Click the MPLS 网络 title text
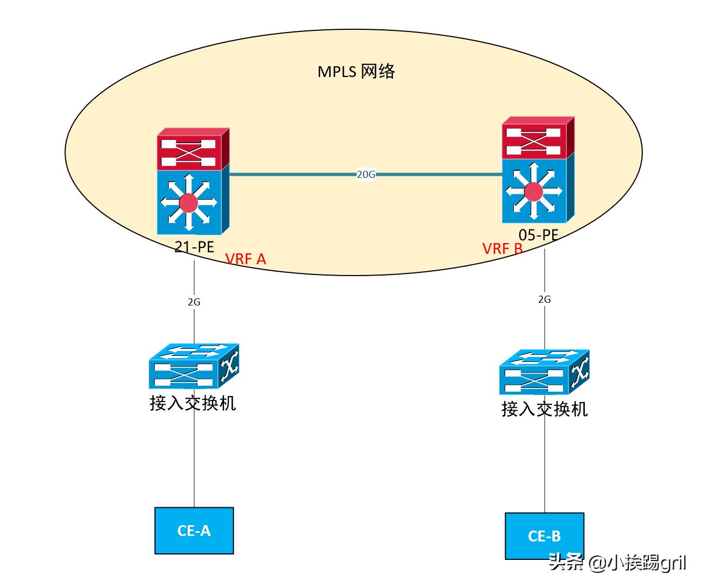click(x=356, y=72)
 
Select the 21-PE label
click(x=194, y=246)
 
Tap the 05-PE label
click(x=538, y=235)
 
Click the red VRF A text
click(x=246, y=259)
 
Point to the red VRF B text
click(x=502, y=248)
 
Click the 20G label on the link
click(x=366, y=175)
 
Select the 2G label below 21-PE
click(x=194, y=302)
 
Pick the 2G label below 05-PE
click(x=544, y=299)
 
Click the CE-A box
click(x=194, y=531)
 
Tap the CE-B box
click(x=544, y=536)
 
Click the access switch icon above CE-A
click(x=194, y=366)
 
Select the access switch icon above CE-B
click(x=544, y=372)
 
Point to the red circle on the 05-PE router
click(x=533, y=191)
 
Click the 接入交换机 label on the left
click(x=193, y=403)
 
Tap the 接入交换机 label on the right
click(x=544, y=409)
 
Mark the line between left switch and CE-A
click(x=194, y=461)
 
